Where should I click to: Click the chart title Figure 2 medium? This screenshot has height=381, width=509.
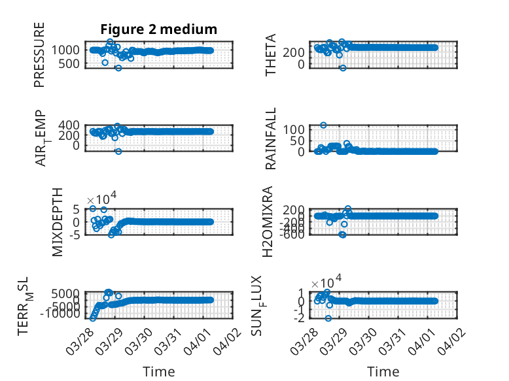click(158, 29)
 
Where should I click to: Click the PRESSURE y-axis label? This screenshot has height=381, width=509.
click(40, 54)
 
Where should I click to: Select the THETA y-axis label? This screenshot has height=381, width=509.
click(272, 54)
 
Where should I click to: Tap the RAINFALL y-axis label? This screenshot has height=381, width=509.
click(272, 138)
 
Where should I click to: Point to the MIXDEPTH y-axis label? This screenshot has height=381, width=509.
click(57, 222)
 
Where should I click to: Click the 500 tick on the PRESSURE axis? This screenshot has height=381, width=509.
click(72, 63)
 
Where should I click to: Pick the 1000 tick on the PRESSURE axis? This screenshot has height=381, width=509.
click(69, 50)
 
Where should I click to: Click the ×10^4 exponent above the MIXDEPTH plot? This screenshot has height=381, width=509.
click(103, 199)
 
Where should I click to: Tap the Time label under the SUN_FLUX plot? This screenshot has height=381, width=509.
click(383, 371)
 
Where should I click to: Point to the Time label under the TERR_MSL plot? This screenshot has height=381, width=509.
click(159, 371)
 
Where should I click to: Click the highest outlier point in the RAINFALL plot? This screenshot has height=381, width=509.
click(323, 125)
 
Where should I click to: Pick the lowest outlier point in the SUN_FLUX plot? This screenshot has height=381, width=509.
click(328, 318)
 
